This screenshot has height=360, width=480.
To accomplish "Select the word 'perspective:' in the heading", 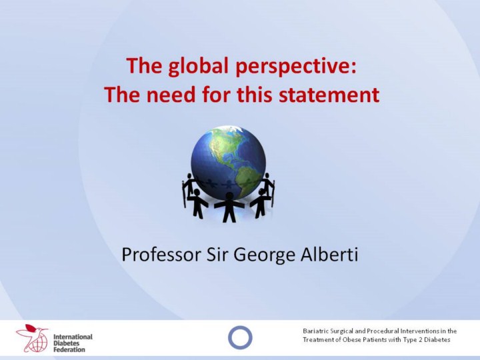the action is click(296, 67).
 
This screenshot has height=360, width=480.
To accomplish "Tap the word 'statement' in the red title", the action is click(329, 94).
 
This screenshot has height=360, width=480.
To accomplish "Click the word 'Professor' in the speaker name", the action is click(161, 255).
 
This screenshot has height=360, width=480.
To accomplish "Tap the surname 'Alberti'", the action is click(329, 255).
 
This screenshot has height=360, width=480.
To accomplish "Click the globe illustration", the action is click(229, 163).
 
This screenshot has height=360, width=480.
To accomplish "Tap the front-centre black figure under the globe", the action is click(229, 207).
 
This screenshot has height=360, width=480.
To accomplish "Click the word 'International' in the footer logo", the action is click(73, 337).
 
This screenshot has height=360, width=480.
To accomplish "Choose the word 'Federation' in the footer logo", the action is click(69, 349).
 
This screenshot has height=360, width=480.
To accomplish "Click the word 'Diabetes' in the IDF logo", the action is click(67, 343).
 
